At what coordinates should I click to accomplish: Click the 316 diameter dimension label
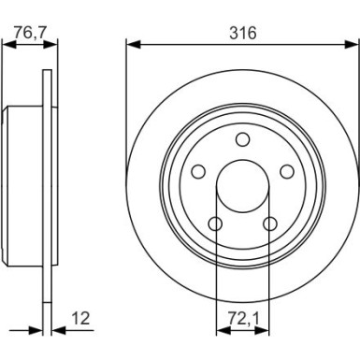pos(241,33)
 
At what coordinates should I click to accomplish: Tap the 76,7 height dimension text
pos(30,33)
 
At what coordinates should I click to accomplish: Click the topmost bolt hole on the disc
pos(241,140)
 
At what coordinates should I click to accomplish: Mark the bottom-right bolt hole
pos(269,224)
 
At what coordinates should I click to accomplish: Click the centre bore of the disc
pos(241,186)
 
